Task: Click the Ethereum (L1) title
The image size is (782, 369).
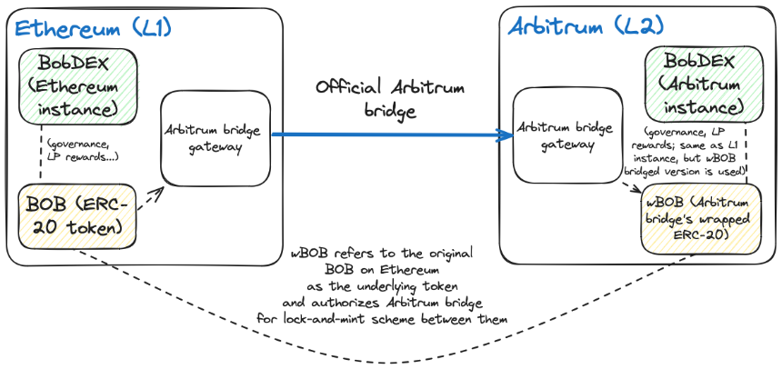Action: click(94, 29)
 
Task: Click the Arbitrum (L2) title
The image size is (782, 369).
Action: click(586, 26)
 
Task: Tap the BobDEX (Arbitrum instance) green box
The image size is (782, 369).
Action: click(703, 85)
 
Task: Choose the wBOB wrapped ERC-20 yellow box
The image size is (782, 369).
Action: click(701, 219)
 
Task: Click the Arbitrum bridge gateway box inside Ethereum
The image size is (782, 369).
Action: click(216, 139)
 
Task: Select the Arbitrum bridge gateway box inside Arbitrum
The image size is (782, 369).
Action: click(568, 135)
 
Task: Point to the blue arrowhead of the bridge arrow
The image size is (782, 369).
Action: click(505, 135)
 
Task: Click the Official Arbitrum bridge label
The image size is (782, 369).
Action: click(390, 99)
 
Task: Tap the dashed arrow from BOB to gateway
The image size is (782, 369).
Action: click(151, 198)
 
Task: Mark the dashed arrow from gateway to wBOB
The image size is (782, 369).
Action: click(632, 188)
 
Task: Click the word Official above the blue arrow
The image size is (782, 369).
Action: click(348, 88)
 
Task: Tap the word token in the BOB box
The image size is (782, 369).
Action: click(95, 227)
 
